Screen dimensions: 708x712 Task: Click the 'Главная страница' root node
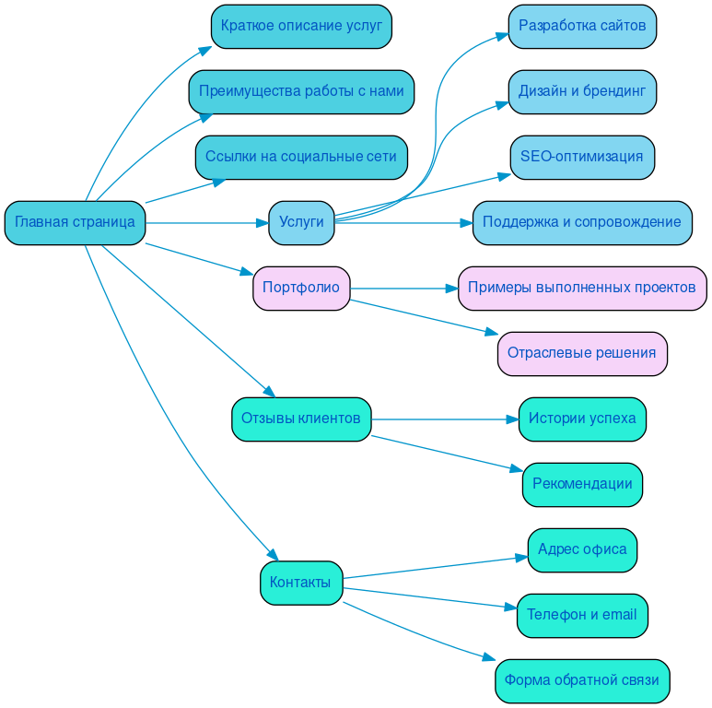75,223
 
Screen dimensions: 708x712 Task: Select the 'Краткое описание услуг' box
301,27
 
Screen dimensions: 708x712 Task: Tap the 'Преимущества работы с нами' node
301,92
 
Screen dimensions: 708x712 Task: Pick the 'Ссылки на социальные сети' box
301,158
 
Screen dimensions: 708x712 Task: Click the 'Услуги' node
301,223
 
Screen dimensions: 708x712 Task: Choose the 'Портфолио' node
301,289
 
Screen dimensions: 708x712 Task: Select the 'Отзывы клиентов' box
301,419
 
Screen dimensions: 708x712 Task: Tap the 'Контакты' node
301,584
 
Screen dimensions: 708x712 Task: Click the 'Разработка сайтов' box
582,27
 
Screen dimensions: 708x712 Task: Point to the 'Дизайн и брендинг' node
582,92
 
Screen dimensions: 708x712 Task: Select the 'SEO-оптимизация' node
582,158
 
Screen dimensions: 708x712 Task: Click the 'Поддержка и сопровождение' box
582,223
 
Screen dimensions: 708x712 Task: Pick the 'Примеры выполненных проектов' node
582,289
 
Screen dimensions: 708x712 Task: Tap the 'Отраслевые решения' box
582,354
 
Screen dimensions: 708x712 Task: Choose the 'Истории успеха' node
582,419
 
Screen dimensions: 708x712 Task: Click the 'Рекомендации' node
582,485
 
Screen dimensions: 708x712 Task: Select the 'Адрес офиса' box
582,550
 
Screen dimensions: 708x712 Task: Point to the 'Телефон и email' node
582,616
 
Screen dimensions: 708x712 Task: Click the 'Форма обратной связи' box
582,681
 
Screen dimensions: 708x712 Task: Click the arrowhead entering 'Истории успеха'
513,419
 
